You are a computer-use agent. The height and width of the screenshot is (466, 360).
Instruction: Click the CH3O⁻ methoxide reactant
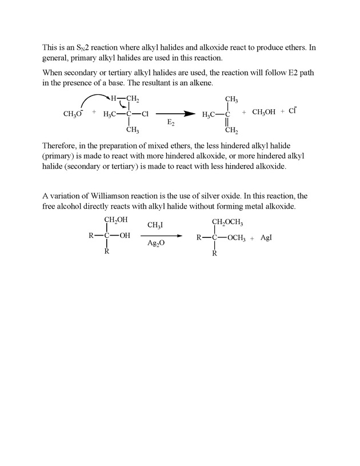[x=73, y=114]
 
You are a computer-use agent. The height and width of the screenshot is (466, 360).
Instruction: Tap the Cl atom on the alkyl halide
[x=145, y=114]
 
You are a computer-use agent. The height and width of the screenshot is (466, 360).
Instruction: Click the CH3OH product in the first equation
[x=263, y=112]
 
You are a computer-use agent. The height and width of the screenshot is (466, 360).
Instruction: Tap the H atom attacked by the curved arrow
[x=113, y=99]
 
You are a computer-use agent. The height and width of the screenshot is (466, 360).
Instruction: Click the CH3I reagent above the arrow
[x=155, y=226]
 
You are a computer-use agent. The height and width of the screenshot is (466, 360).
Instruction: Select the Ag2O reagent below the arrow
[x=155, y=243]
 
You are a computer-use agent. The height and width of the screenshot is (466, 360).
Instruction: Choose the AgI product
[x=266, y=237]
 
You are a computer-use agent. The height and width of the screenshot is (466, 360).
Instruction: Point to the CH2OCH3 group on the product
[x=227, y=222]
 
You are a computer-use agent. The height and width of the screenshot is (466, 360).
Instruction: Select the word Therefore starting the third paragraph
[x=61, y=146]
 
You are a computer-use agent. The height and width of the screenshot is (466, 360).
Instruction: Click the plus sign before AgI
[x=251, y=238]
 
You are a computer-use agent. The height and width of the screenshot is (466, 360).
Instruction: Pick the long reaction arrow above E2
[x=175, y=114]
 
